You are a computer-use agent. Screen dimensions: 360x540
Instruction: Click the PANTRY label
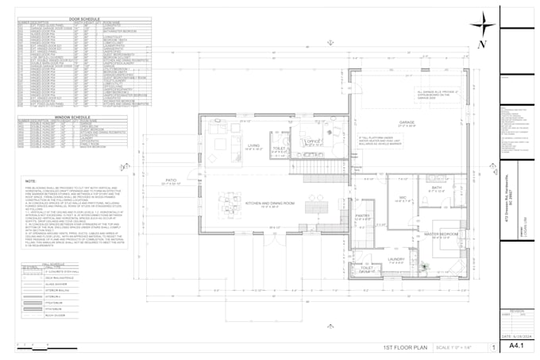pos(363,215)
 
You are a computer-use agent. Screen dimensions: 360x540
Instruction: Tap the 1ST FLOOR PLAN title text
pos(406,348)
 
